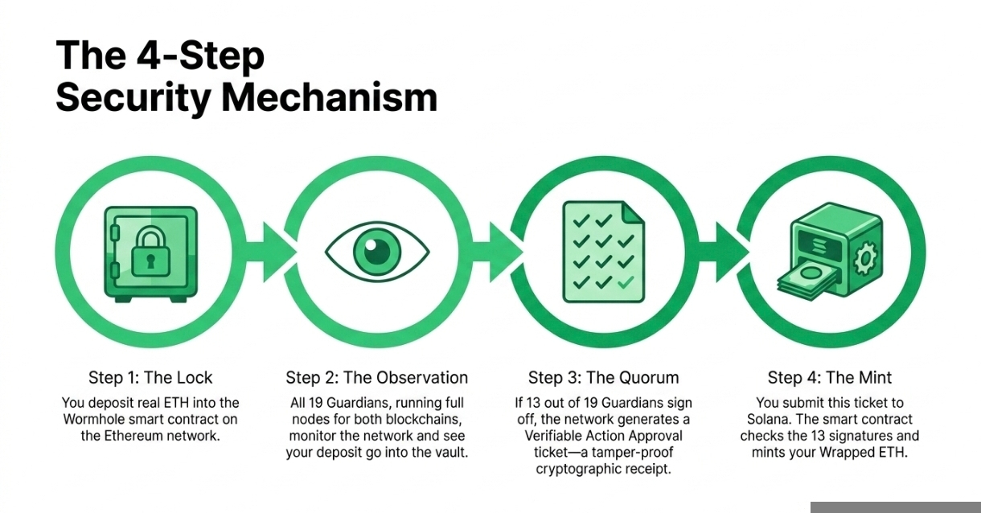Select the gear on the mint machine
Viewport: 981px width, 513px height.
(x=865, y=260)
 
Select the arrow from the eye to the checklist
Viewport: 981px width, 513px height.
(x=498, y=252)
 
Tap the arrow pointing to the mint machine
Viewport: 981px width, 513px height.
(x=724, y=252)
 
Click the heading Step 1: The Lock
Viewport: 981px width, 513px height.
(x=150, y=378)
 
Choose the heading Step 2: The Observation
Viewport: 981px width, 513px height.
(x=376, y=378)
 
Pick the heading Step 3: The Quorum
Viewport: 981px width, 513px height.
(x=603, y=378)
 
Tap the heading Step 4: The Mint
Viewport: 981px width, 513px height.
(x=830, y=378)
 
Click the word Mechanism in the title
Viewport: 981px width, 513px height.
(x=330, y=97)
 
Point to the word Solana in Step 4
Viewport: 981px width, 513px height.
(x=768, y=419)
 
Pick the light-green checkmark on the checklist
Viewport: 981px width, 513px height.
(x=626, y=282)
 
